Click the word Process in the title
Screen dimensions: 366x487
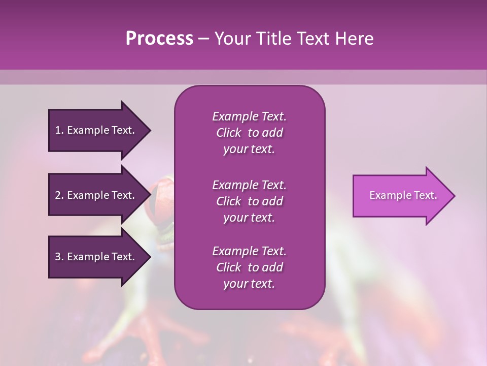[159, 39]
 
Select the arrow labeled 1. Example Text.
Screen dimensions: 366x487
[96, 130]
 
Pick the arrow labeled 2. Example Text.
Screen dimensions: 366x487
[96, 195]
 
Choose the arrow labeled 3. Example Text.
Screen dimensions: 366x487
[96, 257]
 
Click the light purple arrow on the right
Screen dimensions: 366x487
[401, 196]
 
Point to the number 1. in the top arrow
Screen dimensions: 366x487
[59, 130]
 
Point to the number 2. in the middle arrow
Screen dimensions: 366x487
[59, 195]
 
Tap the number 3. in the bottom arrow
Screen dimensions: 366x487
[59, 257]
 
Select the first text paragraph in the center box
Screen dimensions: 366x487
[249, 133]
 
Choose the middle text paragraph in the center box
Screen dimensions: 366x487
[249, 201]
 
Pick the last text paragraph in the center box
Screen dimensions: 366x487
[249, 267]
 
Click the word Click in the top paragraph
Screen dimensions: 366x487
[229, 133]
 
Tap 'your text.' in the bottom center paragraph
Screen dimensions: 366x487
[249, 284]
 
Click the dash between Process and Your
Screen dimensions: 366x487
[203, 39]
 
